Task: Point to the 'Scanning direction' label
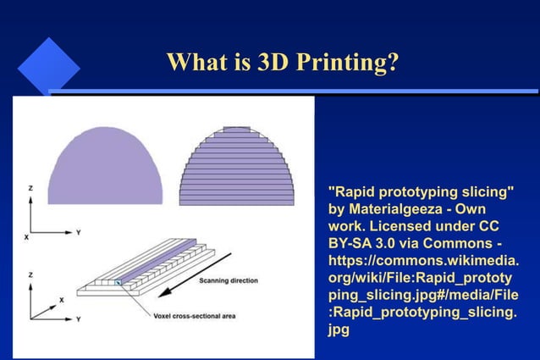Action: [x=229, y=280]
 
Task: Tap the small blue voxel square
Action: [x=118, y=282]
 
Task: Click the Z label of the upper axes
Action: [x=30, y=188]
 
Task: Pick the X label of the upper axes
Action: [x=25, y=238]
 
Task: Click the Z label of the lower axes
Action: [x=30, y=275]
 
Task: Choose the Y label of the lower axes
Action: [x=78, y=318]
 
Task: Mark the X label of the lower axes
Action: [x=61, y=300]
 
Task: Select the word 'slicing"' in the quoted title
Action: [x=486, y=191]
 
